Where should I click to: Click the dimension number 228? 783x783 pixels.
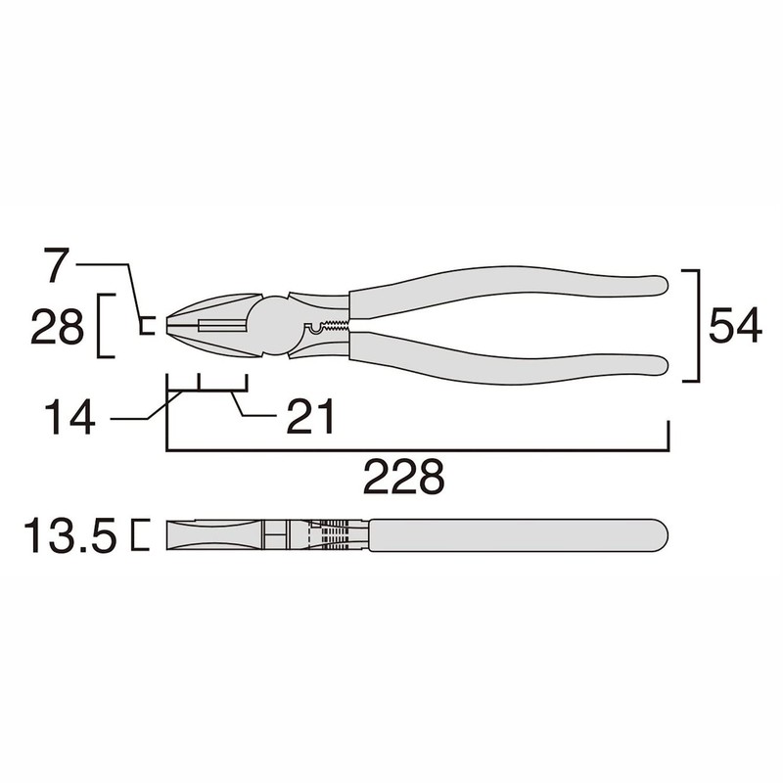[x=404, y=478]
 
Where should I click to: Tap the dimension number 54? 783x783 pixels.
[x=735, y=326]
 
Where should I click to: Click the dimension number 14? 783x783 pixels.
[x=69, y=418]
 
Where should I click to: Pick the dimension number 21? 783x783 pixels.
[x=310, y=418]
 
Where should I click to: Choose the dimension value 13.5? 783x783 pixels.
[x=71, y=536]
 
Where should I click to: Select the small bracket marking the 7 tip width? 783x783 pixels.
[x=146, y=326]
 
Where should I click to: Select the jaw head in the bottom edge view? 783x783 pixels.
[x=210, y=535]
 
